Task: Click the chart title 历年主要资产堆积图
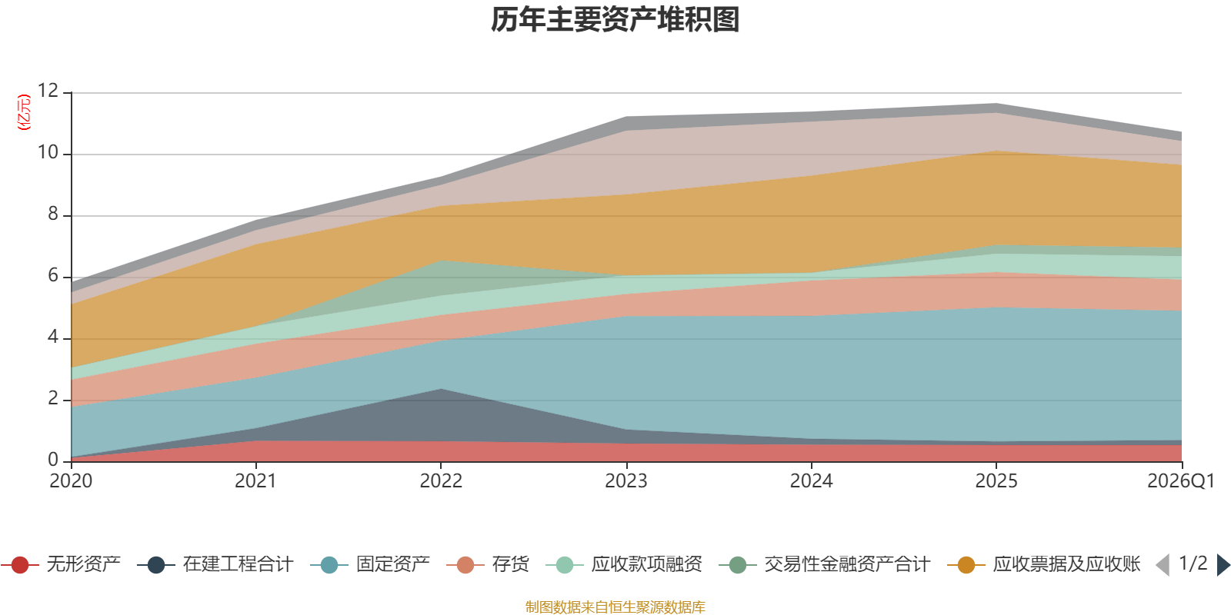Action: pyautogui.click(x=615, y=20)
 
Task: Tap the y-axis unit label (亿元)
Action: pyautogui.click(x=24, y=112)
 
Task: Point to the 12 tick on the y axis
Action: pyautogui.click(x=48, y=91)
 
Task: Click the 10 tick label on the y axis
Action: pyautogui.click(x=48, y=152)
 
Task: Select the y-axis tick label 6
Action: pyautogui.click(x=53, y=275)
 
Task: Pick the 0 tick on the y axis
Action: pyautogui.click(x=53, y=459)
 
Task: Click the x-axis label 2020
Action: pyautogui.click(x=71, y=481)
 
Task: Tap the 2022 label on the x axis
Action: pyautogui.click(x=441, y=481)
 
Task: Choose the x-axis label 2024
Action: pyautogui.click(x=811, y=481)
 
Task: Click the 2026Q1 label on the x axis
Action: pyautogui.click(x=1181, y=481)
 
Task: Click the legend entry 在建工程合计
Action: pyautogui.click(x=215, y=564)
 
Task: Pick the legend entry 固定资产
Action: pyautogui.click(x=370, y=564)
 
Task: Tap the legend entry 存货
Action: pyautogui.click(x=488, y=564)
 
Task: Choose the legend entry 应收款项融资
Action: pyautogui.click(x=624, y=564)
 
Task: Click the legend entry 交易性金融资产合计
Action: pyautogui.click(x=824, y=564)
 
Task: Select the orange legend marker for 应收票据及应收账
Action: pyautogui.click(x=966, y=565)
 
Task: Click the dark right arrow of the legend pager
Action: pyautogui.click(x=1223, y=564)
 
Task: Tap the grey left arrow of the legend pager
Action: pyautogui.click(x=1163, y=564)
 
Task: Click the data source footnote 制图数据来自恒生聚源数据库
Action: pyautogui.click(x=615, y=607)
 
